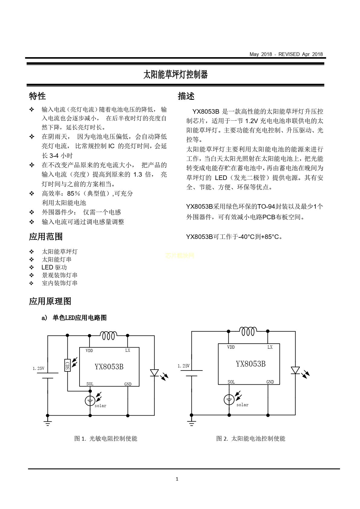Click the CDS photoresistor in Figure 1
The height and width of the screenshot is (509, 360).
point(67,365)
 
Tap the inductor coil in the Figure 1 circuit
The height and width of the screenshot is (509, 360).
point(109,335)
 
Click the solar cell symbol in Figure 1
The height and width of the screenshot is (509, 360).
point(90,401)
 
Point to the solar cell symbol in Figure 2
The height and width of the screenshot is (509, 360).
point(229,400)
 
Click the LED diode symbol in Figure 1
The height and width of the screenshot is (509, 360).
point(154,373)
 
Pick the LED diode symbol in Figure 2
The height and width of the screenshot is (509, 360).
point(295,370)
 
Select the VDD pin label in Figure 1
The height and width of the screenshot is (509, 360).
point(89,351)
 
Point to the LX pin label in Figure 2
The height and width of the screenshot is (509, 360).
point(270,347)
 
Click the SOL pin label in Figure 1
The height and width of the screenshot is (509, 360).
point(90,384)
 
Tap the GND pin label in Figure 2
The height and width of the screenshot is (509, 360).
point(270,382)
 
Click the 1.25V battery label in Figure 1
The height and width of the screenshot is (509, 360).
point(38,368)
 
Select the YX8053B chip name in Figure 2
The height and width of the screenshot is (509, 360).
point(250,364)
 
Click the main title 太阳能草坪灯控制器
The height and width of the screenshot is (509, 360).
point(175,74)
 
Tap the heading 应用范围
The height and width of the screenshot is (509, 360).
point(46,237)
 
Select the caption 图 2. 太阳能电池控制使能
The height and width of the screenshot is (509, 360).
point(250,439)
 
